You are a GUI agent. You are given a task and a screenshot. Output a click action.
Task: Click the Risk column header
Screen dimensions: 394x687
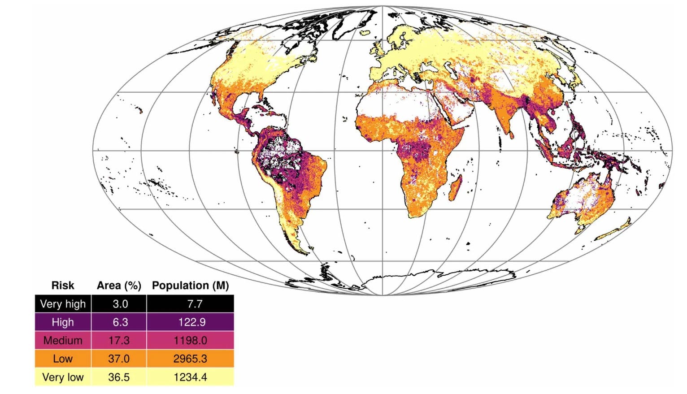point(63,286)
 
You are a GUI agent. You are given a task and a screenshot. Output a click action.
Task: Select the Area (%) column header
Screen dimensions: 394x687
point(119,286)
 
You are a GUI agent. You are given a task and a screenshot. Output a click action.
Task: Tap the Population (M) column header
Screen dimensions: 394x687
point(190,286)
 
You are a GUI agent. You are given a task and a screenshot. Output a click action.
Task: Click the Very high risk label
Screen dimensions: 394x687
point(63,304)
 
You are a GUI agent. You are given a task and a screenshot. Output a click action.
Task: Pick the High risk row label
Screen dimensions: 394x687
point(63,322)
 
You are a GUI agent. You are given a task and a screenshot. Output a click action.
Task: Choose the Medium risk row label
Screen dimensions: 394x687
point(63,341)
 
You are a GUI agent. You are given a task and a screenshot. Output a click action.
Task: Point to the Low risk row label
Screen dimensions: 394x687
point(63,359)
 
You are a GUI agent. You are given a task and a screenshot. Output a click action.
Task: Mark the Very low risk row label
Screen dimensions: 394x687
point(63,377)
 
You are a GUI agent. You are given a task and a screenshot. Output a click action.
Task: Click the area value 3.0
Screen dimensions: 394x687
point(120,304)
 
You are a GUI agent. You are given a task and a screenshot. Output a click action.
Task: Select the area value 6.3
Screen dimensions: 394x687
point(120,322)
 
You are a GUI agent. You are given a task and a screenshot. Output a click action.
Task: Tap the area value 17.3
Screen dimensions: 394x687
point(119,341)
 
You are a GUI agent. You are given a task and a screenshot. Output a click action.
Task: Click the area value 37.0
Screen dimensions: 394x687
point(119,359)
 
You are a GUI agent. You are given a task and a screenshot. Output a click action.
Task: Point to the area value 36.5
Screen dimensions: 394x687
point(119,377)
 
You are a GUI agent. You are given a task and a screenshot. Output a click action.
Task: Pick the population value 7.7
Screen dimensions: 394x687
point(195,304)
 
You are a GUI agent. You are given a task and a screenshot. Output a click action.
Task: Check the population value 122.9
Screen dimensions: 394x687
point(192,322)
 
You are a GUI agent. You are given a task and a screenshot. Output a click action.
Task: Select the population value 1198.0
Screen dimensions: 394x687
point(190,341)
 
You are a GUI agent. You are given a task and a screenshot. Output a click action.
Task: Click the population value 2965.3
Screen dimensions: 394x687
point(190,359)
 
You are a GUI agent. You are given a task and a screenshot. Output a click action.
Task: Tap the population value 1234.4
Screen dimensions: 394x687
point(190,377)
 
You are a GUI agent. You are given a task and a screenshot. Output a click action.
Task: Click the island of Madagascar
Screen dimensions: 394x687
point(456,188)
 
